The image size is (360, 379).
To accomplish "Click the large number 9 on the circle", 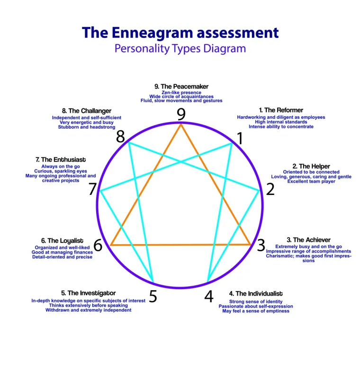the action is pos(181,114).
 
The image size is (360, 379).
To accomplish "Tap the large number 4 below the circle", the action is pos(209,296).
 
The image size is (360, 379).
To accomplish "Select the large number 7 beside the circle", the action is pos(93,189).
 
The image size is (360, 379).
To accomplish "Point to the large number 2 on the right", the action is pos(270,189).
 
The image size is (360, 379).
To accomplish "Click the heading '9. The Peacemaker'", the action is pos(181,87).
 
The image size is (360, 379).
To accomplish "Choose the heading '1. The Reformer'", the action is pos(281,110).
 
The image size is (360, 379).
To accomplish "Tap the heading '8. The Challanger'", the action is pos(87,111).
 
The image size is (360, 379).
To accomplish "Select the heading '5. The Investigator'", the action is pos(88,293).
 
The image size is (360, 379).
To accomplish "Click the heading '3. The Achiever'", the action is pos(308,240).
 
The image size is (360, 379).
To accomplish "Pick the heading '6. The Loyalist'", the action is pos(62,241).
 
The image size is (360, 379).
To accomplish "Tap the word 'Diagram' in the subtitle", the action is pos(225,48).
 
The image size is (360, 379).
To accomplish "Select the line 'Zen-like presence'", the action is pos(181,93).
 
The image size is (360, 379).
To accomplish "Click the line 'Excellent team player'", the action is pos(311,181).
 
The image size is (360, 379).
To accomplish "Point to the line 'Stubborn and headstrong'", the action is pos(87,127).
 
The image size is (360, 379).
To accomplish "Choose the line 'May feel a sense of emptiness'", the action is pos(256,311).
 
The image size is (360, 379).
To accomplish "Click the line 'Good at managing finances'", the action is pos(62,252).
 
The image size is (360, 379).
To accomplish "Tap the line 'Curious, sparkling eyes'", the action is pos(61,171).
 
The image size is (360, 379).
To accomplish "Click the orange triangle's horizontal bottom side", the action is pos(180,245).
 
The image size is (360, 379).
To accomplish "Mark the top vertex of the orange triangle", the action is pos(181,124).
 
